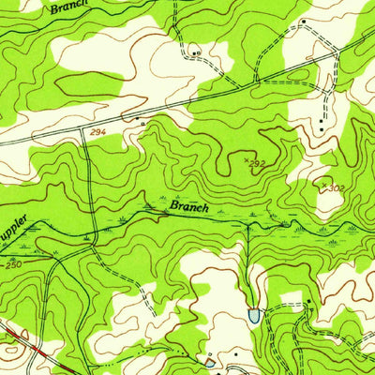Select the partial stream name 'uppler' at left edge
pyautogui.click(x=20, y=228)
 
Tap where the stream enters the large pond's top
pyautogui.click(x=253, y=306)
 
